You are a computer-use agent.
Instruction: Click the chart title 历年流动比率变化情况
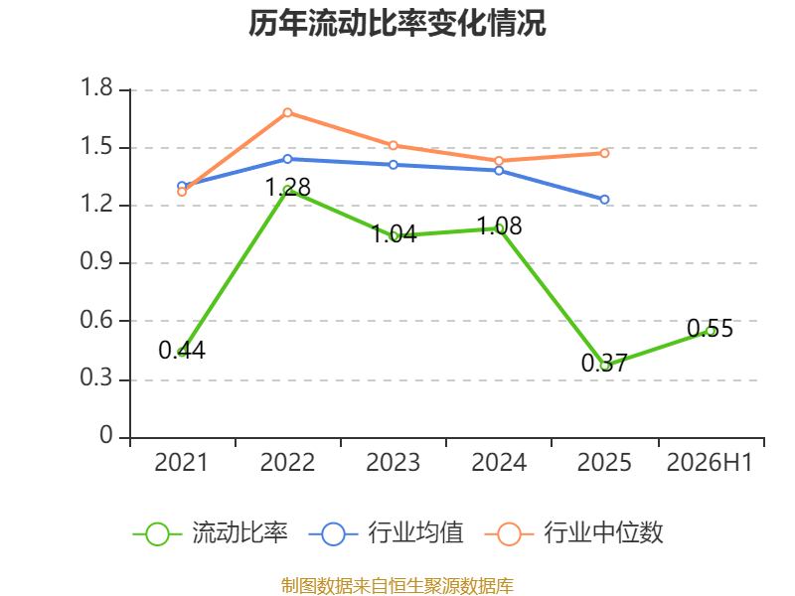pyautogui.click(x=397, y=23)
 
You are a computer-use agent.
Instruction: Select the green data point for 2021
pyautogui.click(x=182, y=352)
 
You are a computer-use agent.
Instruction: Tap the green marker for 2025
pyautogui.click(x=604, y=366)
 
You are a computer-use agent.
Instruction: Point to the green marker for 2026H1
pyautogui.click(x=711, y=331)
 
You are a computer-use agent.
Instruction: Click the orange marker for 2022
pyautogui.click(x=287, y=112)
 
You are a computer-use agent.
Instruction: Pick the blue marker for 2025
pyautogui.click(x=604, y=200)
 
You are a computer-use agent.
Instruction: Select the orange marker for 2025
pyautogui.click(x=604, y=153)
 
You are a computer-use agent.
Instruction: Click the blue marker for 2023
pyautogui.click(x=393, y=165)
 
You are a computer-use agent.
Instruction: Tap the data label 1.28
pyautogui.click(x=288, y=188)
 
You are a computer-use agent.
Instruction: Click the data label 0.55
pyautogui.click(x=710, y=329)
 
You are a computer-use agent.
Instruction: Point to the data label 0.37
pyautogui.click(x=604, y=363)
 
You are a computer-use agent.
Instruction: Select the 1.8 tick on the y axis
pyautogui.click(x=96, y=87)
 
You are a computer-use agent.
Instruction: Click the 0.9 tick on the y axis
pyautogui.click(x=96, y=261)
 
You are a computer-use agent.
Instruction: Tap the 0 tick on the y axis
pyautogui.click(x=106, y=435)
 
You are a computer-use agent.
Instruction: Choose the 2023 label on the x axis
pyautogui.click(x=393, y=462)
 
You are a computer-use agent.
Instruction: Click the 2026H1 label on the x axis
pyautogui.click(x=710, y=462)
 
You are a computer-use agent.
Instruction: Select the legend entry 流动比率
pyautogui.click(x=210, y=533)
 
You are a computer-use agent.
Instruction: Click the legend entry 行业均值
pyautogui.click(x=386, y=533)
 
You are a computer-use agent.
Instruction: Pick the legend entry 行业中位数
pyautogui.click(x=574, y=533)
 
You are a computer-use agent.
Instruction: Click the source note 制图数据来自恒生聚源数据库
pyautogui.click(x=397, y=586)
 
